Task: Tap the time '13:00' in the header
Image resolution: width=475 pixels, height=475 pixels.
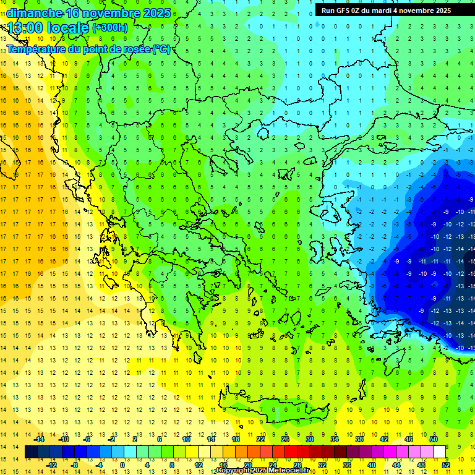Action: pyautogui.click(x=27, y=27)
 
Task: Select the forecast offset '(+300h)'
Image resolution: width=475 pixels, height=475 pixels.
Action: pyautogui.click(x=110, y=28)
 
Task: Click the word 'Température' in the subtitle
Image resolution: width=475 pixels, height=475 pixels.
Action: pyautogui.click(x=38, y=49)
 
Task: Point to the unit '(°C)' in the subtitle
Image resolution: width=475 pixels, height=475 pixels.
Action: pyautogui.click(x=161, y=49)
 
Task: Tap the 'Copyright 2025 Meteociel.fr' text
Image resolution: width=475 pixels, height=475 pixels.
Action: pyautogui.click(x=262, y=471)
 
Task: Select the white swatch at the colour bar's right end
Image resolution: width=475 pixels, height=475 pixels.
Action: pyautogui.click(x=440, y=452)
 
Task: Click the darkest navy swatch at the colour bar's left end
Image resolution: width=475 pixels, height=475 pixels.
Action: pyautogui.click(x=31, y=452)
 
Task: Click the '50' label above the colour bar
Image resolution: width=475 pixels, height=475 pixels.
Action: pyautogui.click(x=434, y=439)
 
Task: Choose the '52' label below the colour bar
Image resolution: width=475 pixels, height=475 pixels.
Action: pyautogui.click(x=446, y=465)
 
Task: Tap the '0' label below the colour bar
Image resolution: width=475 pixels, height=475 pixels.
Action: pyautogui.click(x=122, y=465)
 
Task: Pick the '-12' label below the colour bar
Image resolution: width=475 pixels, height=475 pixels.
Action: pyautogui.click(x=51, y=465)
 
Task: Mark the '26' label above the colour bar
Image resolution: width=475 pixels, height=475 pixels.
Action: pyautogui.click(x=285, y=439)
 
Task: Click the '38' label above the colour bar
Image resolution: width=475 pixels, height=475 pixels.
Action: pyautogui.click(x=359, y=439)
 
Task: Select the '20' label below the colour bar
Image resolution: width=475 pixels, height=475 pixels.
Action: pyautogui.click(x=247, y=465)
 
